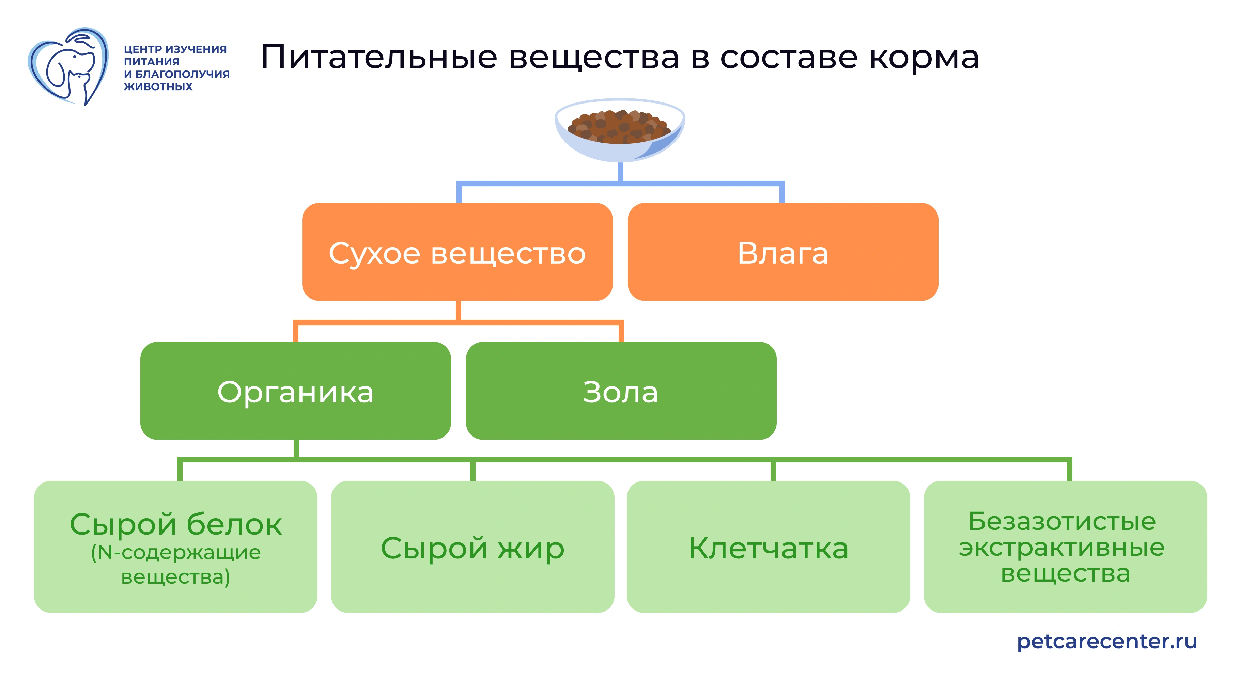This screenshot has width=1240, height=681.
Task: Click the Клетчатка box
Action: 768,547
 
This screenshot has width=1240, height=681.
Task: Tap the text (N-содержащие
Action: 176,553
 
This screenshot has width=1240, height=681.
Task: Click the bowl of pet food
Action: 620,129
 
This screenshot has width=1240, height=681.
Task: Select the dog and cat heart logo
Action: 68,66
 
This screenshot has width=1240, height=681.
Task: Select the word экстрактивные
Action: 1062,548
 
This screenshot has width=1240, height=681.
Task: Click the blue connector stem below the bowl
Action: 620,172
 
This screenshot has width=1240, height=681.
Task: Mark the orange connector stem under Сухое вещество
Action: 458,311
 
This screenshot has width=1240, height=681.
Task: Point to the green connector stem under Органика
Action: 296,448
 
